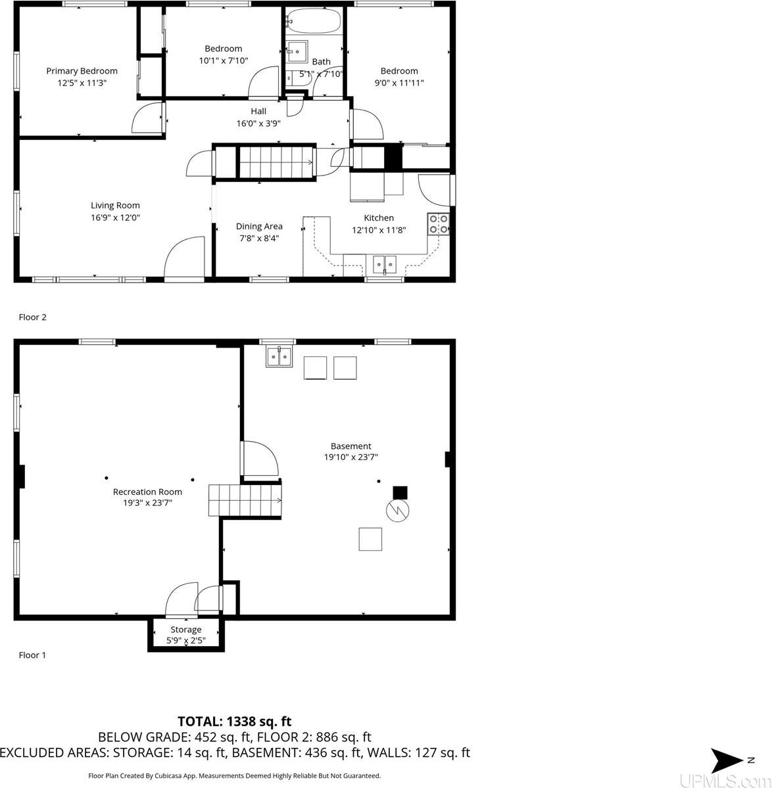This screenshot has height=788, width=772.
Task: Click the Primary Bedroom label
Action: [x=82, y=71]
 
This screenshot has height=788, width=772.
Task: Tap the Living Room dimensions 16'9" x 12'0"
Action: [x=115, y=218]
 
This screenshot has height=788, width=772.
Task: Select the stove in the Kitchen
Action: [x=439, y=224]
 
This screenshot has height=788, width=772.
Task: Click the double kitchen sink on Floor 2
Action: [x=385, y=264]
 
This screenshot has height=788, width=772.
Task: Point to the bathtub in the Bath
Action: [x=314, y=22]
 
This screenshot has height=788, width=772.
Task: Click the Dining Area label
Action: [x=259, y=226]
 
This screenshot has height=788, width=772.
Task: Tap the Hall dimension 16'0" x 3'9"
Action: [x=258, y=123]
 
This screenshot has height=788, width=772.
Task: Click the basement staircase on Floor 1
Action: [x=245, y=500]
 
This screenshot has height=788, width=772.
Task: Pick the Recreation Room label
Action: [x=147, y=492]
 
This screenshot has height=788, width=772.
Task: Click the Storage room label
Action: [x=186, y=630]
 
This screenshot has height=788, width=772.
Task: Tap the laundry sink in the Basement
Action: [x=279, y=357]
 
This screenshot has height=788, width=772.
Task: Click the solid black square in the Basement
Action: [x=400, y=492]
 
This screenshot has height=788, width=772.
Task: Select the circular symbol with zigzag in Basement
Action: [x=397, y=511]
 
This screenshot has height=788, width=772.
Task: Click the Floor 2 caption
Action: [x=32, y=317]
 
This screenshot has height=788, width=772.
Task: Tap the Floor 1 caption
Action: [x=32, y=655]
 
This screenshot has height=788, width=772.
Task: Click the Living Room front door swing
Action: [x=185, y=258]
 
